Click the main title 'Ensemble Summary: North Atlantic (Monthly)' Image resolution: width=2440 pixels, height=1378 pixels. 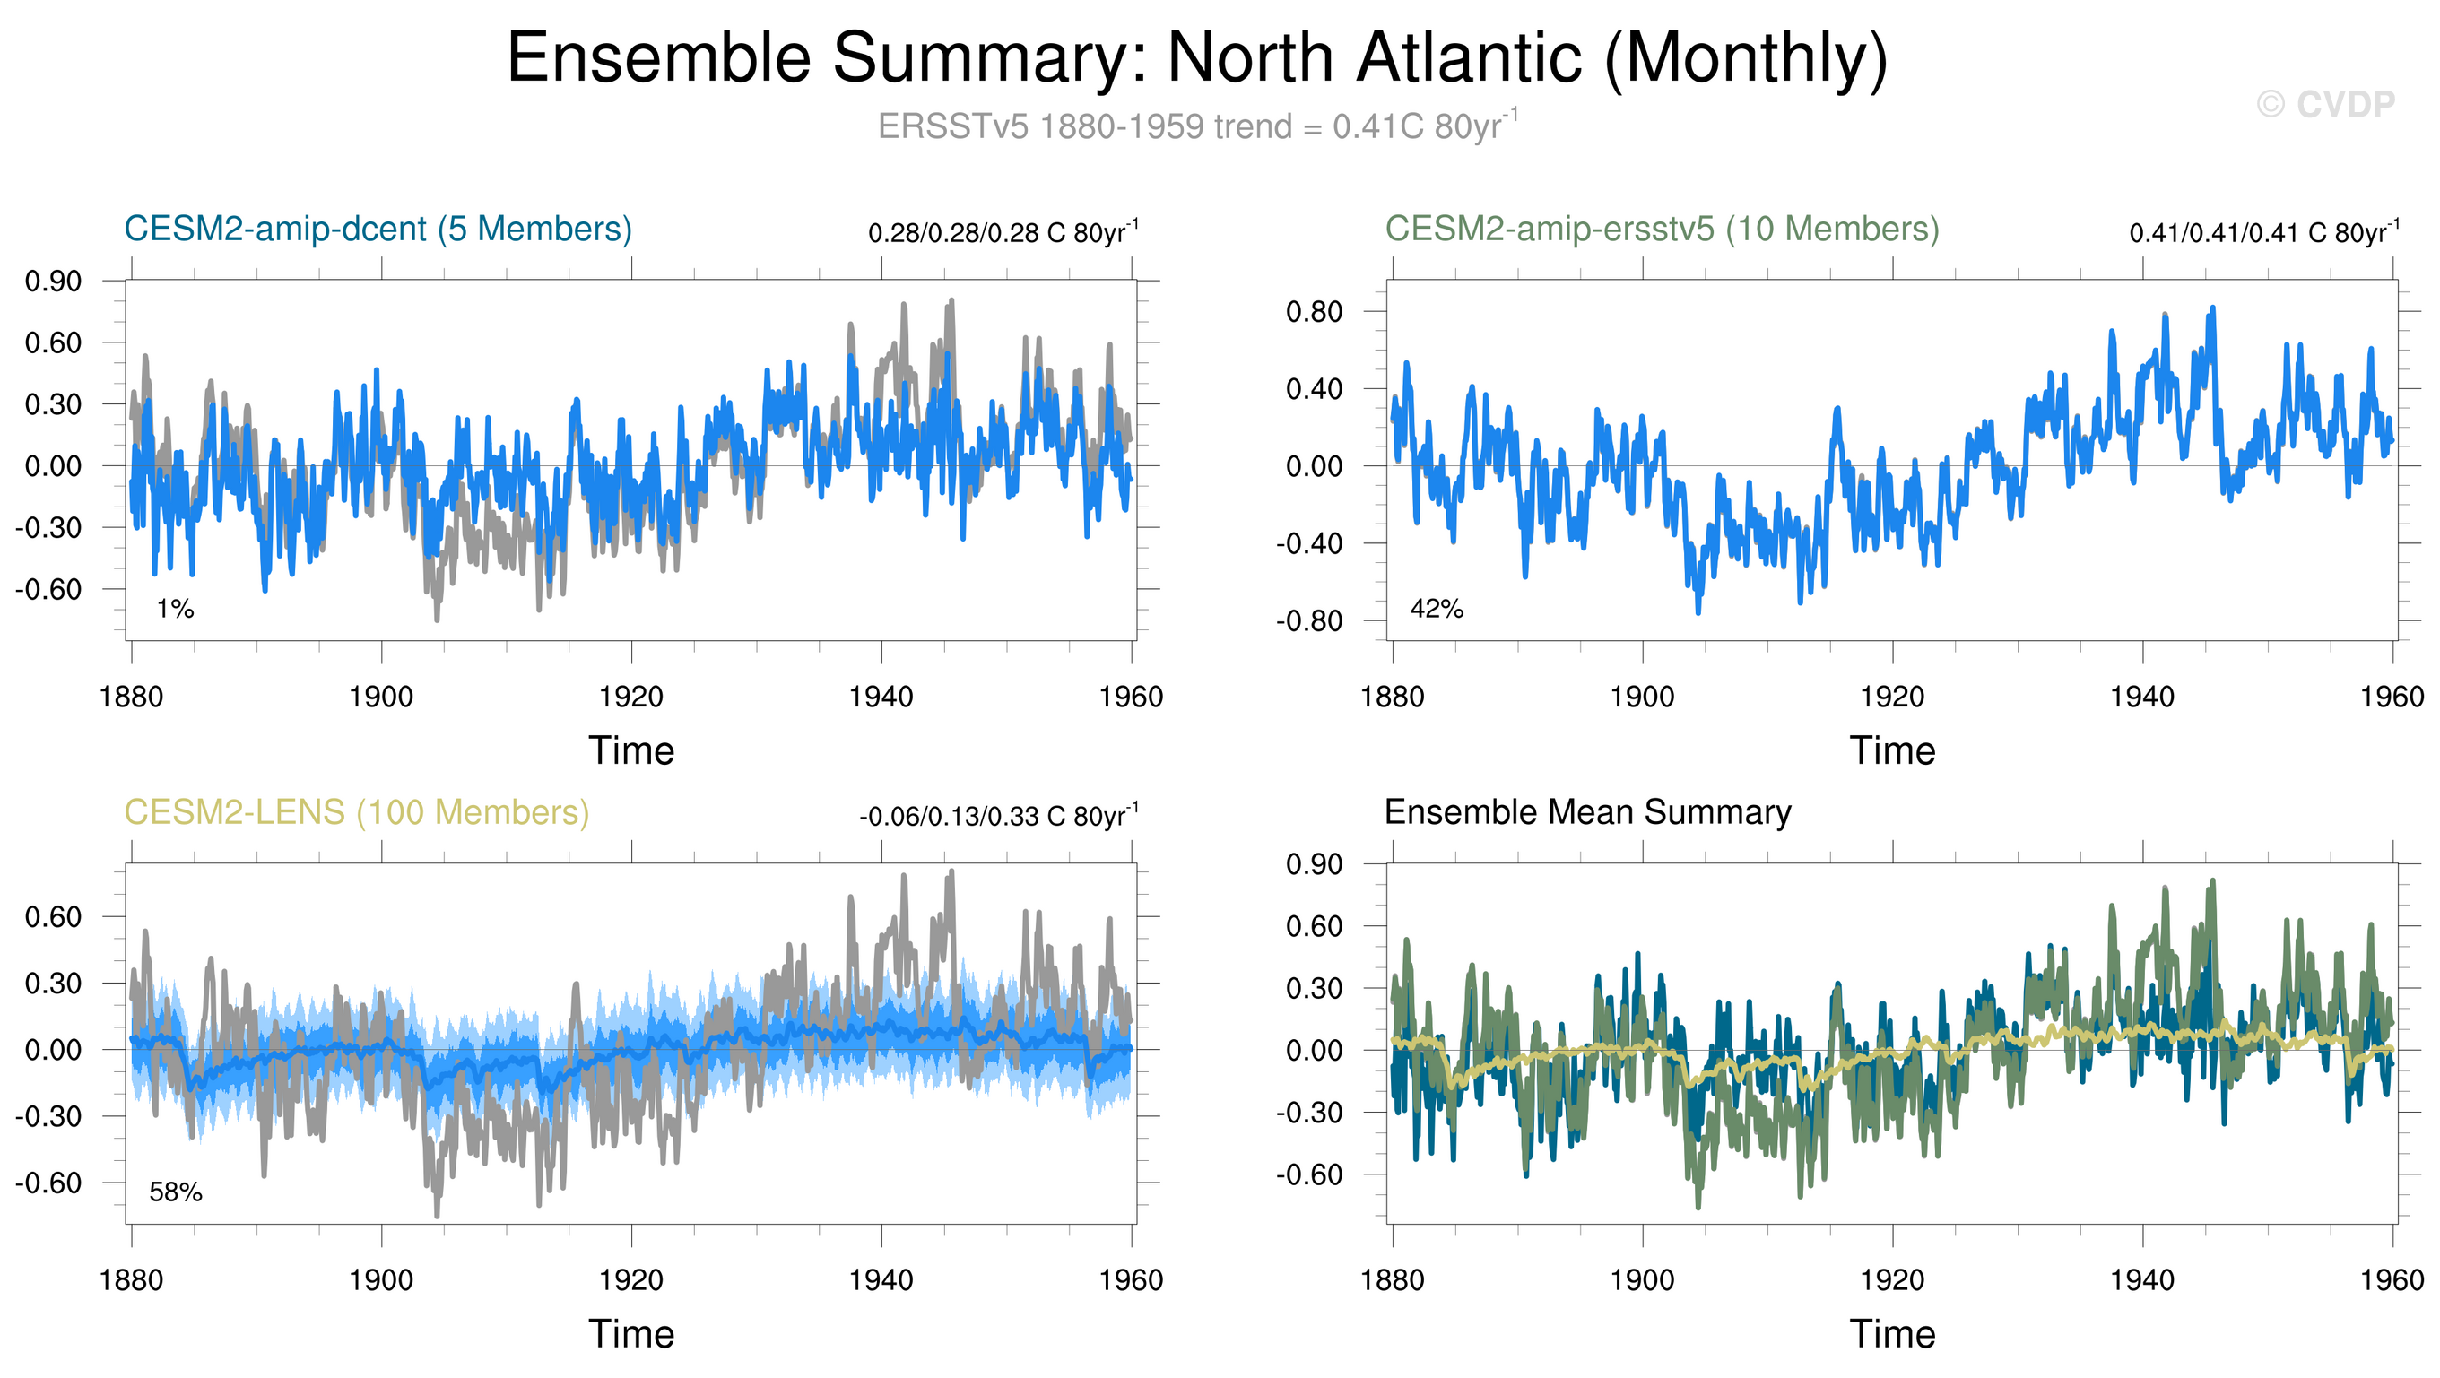[1197, 58]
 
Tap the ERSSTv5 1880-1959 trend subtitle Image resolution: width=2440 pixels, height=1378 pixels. [1197, 126]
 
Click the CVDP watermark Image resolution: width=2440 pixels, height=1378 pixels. [2325, 104]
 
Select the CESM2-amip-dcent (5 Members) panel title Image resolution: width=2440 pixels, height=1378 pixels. [378, 230]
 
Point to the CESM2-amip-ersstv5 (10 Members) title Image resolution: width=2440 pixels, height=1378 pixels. [1662, 230]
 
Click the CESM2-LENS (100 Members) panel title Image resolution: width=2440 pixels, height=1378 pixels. [357, 812]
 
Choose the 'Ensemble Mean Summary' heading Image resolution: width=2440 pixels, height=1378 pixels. [1587, 812]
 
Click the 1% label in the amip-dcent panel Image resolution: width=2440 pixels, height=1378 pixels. [175, 609]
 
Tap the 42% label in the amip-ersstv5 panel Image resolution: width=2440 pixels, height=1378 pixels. [1436, 609]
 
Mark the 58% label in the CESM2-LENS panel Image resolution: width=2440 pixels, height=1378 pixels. [175, 1192]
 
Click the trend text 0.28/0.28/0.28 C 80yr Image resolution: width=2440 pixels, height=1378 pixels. [1003, 233]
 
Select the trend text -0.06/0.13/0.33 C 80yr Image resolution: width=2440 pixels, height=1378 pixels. [998, 817]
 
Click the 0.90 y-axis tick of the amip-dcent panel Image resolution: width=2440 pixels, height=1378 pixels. [53, 282]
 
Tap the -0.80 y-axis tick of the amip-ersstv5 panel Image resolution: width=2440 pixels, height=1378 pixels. [1309, 621]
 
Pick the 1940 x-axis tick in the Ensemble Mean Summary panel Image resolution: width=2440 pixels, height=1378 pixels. [2141, 1280]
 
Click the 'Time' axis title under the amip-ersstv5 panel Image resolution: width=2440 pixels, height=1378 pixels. [1891, 751]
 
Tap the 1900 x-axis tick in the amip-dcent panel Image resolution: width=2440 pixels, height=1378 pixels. [381, 697]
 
